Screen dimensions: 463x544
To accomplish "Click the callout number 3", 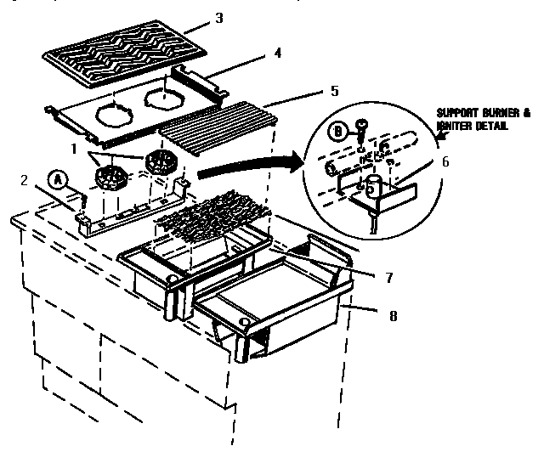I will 219,17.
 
